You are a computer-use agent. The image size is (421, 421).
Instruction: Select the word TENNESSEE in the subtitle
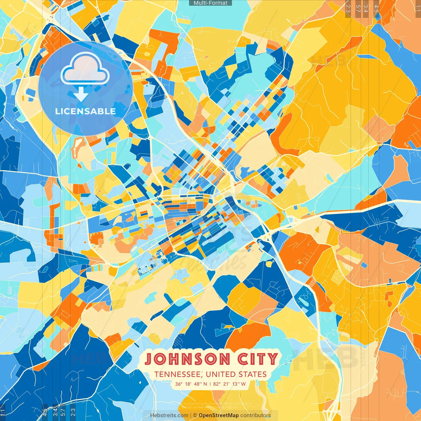(178, 374)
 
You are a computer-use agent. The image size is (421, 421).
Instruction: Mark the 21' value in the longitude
(227, 384)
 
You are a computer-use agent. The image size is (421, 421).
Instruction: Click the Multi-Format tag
(210, 3)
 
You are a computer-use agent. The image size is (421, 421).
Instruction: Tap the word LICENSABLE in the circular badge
(86, 111)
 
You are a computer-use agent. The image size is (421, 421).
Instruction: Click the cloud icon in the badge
(85, 69)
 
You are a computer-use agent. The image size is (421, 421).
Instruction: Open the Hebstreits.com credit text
(169, 415)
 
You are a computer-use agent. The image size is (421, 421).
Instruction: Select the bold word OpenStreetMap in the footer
(219, 415)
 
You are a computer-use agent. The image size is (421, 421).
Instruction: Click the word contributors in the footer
(256, 415)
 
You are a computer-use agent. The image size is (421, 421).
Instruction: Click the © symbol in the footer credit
(195, 415)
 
